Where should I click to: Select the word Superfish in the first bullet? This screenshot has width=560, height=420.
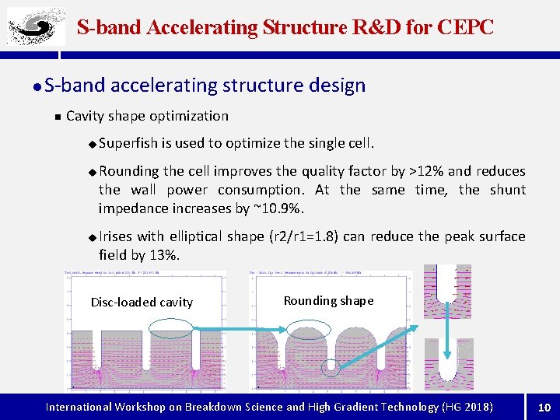click(x=128, y=143)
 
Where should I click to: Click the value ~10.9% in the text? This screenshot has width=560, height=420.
click(x=279, y=208)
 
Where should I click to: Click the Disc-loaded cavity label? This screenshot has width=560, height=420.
click(x=142, y=302)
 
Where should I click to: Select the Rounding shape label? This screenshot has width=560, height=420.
click(x=328, y=300)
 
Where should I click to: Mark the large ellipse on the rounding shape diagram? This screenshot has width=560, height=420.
click(x=310, y=331)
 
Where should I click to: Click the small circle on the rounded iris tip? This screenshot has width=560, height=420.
click(x=331, y=367)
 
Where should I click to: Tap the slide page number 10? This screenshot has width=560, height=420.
click(x=544, y=407)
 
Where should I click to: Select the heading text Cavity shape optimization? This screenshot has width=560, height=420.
click(x=147, y=116)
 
